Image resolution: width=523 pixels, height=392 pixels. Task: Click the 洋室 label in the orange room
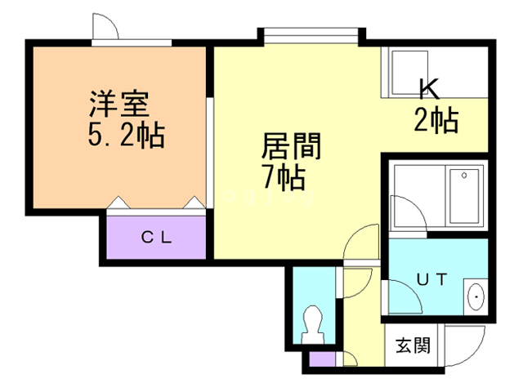[118, 106]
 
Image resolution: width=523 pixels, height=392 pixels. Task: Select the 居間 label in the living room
[289, 147]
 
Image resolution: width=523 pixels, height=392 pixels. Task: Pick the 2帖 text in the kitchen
[435, 120]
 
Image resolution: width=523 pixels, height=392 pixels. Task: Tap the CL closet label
[155, 238]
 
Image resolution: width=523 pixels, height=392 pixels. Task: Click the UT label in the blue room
[432, 278]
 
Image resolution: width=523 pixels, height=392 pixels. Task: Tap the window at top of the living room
[311, 33]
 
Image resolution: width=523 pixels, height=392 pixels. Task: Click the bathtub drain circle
[463, 176]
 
